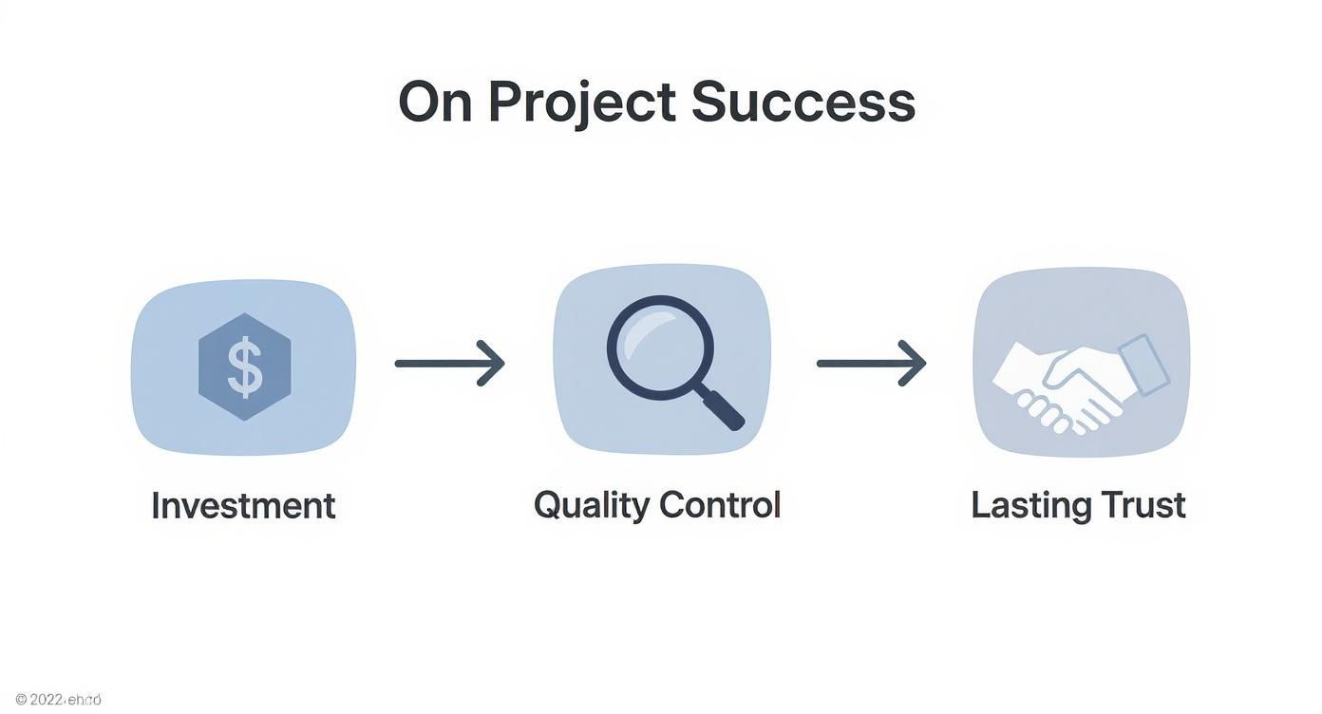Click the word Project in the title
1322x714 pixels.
tap(581, 103)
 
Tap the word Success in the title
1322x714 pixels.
tap(803, 103)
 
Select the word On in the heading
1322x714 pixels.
tap(435, 103)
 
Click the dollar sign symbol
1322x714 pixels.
tap(245, 368)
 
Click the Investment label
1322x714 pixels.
tap(243, 505)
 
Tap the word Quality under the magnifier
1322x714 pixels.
tap(591, 505)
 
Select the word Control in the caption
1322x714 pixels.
tap(719, 504)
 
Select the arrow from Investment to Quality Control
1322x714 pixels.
tap(449, 363)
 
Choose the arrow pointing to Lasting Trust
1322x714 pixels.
tap(871, 363)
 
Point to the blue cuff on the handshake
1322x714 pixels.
tap(1144, 365)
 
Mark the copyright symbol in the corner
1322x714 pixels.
tap(21, 700)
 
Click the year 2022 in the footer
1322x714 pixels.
tap(46, 700)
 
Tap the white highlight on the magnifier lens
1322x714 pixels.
tap(644, 328)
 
